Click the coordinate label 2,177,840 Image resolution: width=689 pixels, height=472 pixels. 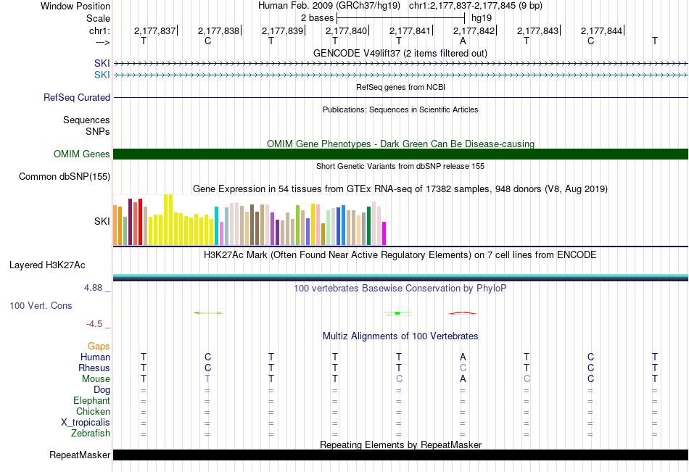346,30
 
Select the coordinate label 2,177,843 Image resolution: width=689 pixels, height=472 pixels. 537,30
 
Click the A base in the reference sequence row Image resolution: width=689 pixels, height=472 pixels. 463,41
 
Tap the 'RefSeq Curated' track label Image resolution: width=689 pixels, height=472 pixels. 77,98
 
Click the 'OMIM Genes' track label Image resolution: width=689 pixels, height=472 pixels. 82,154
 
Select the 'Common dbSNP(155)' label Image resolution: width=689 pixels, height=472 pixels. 65,177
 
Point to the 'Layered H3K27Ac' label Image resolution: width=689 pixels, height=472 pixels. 47,265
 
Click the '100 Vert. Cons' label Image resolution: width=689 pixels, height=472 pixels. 41,305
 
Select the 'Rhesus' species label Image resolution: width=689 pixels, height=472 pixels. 94,368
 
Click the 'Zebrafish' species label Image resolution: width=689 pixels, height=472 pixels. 91,434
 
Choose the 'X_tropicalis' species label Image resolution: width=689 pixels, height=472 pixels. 86,423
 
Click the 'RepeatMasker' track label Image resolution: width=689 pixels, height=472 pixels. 80,455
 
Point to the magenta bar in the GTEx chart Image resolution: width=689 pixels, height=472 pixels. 384,233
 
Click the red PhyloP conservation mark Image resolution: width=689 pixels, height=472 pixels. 463,313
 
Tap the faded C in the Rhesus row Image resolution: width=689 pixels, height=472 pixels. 463,368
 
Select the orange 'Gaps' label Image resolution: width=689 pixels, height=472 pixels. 99,347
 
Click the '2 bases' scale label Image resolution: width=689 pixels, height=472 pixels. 317,18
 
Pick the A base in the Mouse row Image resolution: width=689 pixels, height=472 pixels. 463,378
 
